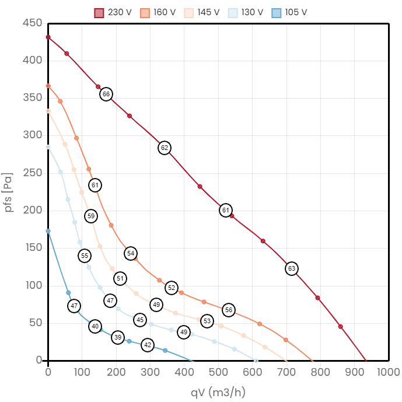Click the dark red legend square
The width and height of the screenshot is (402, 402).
[x=99, y=13]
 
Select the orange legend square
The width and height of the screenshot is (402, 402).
[x=145, y=13]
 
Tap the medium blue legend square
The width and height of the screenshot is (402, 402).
[x=277, y=13]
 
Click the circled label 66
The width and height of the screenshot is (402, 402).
[x=106, y=94]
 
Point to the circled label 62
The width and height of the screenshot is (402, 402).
[x=165, y=148]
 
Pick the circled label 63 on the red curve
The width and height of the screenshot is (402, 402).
[x=292, y=268]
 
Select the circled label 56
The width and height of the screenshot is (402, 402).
[x=229, y=310]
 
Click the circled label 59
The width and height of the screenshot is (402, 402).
[x=90, y=216]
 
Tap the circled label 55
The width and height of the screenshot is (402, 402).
[x=85, y=256]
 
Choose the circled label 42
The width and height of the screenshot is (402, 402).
[x=148, y=345]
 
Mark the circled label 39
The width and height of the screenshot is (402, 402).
[x=118, y=337]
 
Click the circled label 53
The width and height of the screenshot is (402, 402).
[x=207, y=320]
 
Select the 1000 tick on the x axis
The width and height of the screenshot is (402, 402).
[x=389, y=372]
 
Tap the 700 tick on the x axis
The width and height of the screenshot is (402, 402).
[x=286, y=372]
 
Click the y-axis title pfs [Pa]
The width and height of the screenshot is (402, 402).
[x=8, y=191]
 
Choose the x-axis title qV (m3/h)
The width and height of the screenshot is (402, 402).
[x=218, y=391]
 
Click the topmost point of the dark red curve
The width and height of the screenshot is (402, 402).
[x=48, y=37]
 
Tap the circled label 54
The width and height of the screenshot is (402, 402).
[x=131, y=253]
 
